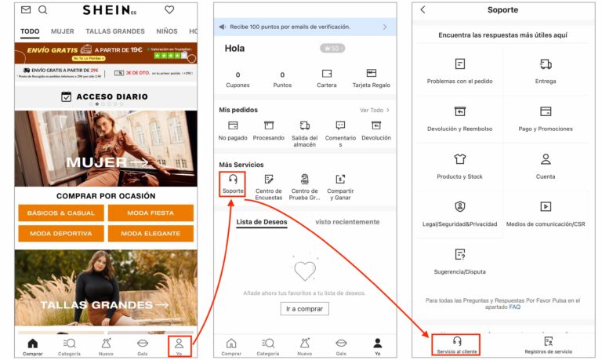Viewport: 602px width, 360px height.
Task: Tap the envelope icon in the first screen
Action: coord(26,10)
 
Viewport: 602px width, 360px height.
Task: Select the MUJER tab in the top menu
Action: coord(63,32)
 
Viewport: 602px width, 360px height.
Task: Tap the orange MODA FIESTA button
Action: coord(150,213)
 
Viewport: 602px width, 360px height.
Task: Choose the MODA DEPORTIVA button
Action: coord(61,233)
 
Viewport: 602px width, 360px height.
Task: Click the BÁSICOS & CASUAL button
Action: coord(61,213)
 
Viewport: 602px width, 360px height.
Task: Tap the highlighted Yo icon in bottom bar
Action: coord(179,345)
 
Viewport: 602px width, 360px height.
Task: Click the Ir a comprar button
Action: coord(304,308)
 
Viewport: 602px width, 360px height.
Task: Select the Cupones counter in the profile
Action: coord(238,79)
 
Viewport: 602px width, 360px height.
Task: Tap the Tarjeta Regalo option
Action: coord(371,78)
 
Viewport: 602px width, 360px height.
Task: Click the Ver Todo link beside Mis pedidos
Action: coord(374,111)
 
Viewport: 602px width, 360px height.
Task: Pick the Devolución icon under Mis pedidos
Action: coord(375,130)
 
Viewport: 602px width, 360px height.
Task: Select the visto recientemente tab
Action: coord(347,222)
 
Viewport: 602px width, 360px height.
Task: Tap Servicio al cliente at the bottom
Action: coord(456,345)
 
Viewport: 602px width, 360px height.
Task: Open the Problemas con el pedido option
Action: coord(459,71)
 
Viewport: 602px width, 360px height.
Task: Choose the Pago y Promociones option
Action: coord(546,118)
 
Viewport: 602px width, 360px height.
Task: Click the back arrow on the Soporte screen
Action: coord(423,10)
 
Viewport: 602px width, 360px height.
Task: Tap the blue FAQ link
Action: coord(514,307)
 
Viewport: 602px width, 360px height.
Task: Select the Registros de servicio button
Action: coord(548,345)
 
